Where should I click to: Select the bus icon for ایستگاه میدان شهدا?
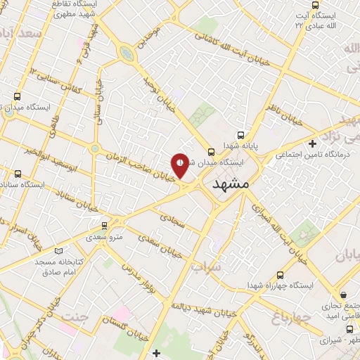[x=210, y=150]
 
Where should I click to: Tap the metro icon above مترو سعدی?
[x=105, y=225]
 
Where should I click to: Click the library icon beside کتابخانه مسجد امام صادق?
[x=58, y=250]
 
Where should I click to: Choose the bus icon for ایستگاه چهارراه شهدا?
[x=281, y=275]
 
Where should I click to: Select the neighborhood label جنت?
[x=77, y=317]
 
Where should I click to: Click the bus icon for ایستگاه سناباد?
[x=17, y=174]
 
